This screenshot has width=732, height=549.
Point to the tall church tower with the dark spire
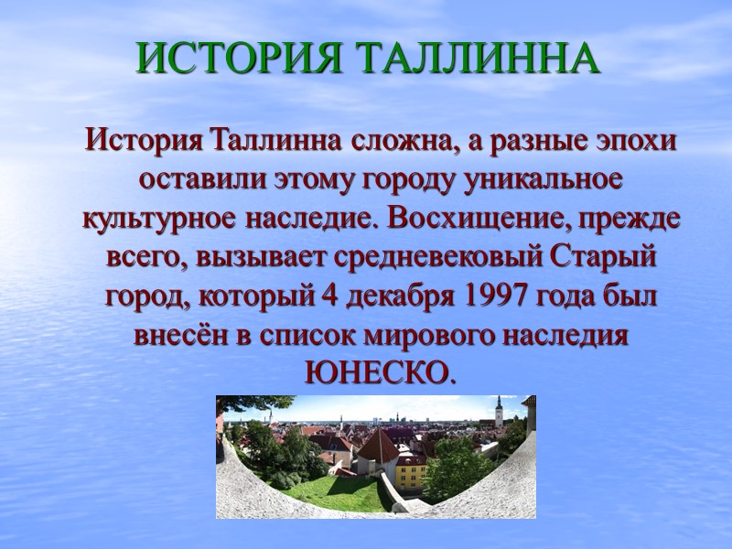[498, 411]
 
